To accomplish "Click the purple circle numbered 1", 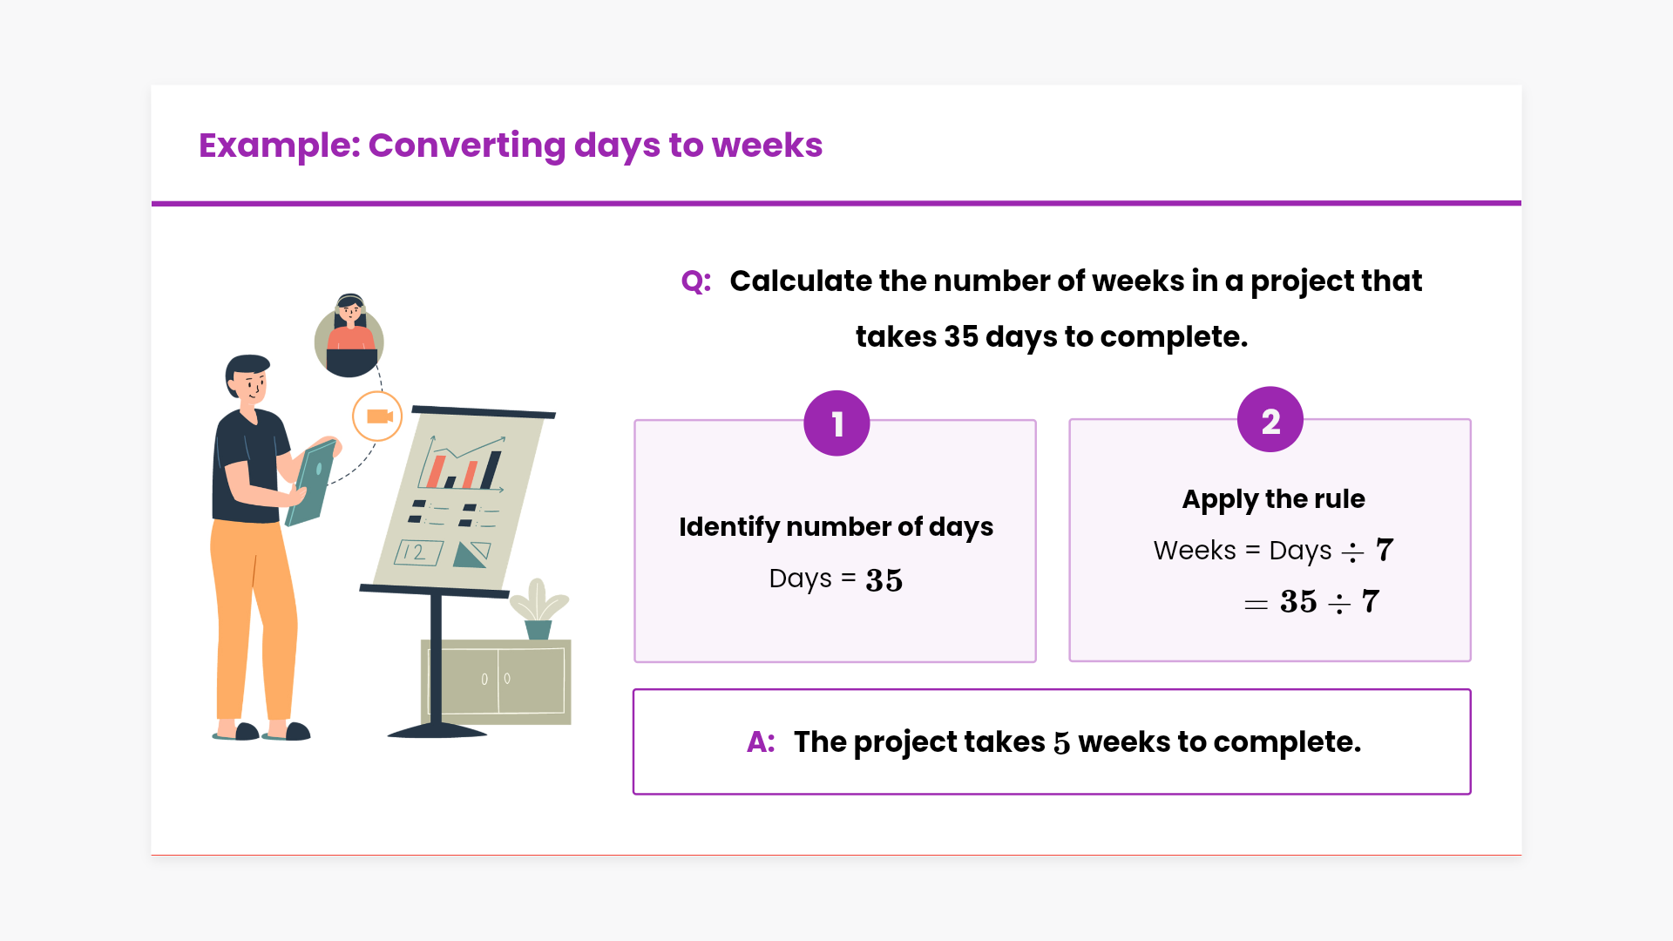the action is (836, 423).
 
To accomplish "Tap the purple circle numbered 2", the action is (1270, 420).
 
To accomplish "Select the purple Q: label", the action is (696, 281).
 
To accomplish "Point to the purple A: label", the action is (761, 742).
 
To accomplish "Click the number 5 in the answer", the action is (1061, 743).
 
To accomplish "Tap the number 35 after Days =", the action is (884, 580).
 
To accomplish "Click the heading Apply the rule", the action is (1273, 499).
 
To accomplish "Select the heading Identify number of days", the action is (836, 527).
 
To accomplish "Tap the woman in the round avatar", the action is (349, 336).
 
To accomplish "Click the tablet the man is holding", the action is (312, 484).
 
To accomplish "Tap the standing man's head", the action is (247, 380).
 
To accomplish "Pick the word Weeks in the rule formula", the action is (1195, 551).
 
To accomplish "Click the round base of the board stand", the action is (437, 730).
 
